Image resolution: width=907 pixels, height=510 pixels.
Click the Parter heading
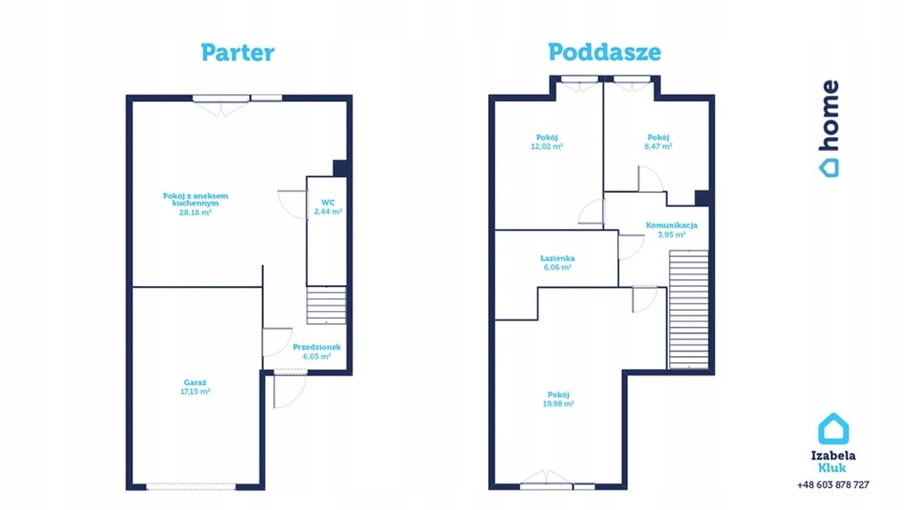tap(237, 52)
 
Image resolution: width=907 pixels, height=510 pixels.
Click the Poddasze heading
tap(604, 52)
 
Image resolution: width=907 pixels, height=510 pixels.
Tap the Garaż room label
tap(195, 382)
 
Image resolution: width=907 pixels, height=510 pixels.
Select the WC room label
tap(328, 203)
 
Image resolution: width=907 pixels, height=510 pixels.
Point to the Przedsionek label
tap(316, 347)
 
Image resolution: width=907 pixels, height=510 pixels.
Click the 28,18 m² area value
tap(195, 212)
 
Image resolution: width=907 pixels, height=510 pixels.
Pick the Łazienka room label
tap(558, 259)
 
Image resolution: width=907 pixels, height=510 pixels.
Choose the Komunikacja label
tap(671, 226)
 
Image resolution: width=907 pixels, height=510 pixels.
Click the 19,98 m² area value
tap(558, 404)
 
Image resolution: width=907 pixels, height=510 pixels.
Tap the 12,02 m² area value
tap(547, 146)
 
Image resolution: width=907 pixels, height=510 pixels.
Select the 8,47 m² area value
tap(658, 146)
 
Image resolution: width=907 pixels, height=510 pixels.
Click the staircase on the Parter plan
tap(326, 305)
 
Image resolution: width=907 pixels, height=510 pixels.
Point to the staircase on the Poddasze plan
tap(689, 309)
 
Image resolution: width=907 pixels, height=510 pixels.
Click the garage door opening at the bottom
tap(191, 487)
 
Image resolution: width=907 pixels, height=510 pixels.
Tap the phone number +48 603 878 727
tap(833, 484)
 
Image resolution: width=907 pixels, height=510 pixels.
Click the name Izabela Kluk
tap(833, 461)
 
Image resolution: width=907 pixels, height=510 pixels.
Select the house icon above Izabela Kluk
tap(833, 429)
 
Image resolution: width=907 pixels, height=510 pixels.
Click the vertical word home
tap(829, 115)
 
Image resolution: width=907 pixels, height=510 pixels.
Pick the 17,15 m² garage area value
tap(195, 391)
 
